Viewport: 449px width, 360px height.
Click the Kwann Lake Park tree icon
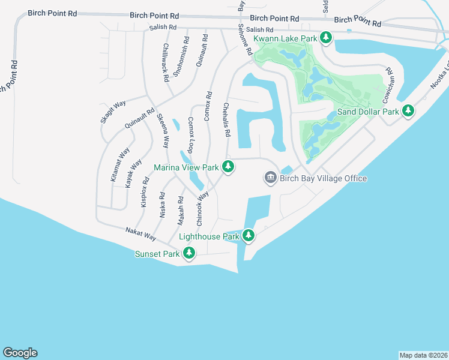click(326, 38)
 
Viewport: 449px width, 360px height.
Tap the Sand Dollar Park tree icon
click(408, 111)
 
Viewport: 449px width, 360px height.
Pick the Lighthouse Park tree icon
click(249, 236)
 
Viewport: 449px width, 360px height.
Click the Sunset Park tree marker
click(189, 253)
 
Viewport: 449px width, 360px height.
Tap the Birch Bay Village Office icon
click(270, 178)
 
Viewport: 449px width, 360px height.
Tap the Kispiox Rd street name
click(143, 192)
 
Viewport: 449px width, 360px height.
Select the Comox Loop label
click(191, 136)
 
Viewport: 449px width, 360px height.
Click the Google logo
click(20, 353)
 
